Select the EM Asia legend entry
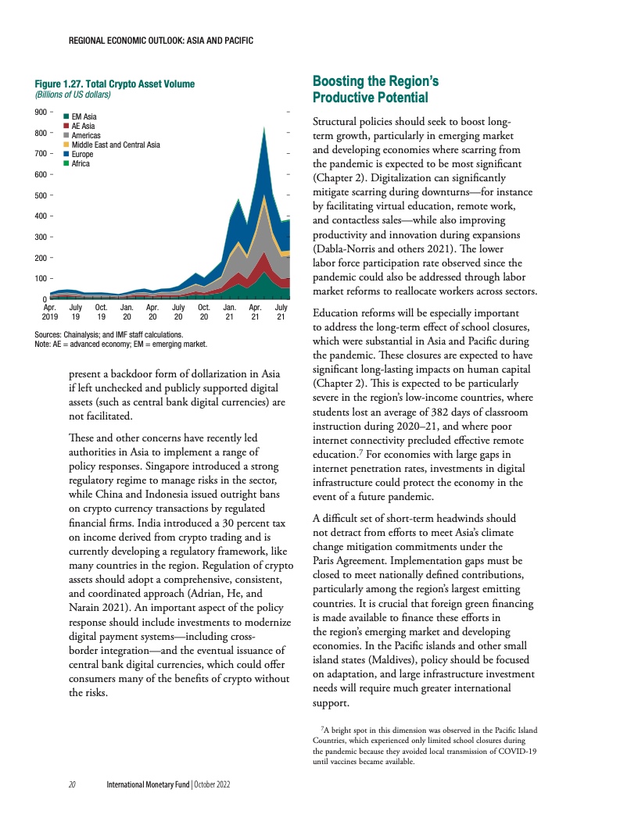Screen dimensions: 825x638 coord(83,117)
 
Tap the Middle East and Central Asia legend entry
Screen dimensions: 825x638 coord(115,145)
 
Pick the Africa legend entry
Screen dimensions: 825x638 coord(80,164)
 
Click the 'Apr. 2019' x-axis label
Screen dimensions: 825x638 coord(50,312)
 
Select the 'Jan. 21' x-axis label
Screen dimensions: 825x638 coord(229,312)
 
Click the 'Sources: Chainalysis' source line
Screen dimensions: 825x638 coord(109,334)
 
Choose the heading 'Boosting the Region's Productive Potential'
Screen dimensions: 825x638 coord(370,89)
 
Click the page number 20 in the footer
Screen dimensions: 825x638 coord(71,784)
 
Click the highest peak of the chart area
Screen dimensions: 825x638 coord(267,127)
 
